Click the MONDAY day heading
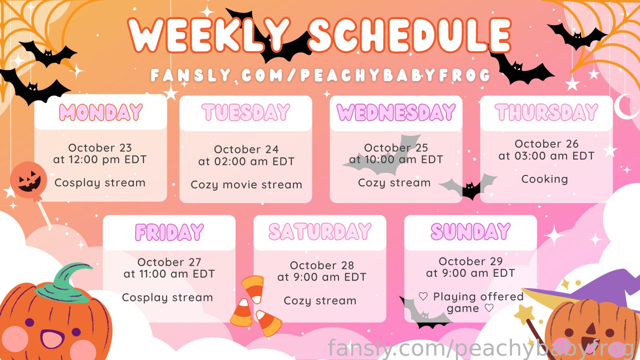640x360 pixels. (100, 112)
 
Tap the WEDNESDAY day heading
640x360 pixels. (396, 112)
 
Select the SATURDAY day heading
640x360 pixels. (320, 232)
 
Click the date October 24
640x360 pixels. (246, 150)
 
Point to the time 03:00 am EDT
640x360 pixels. (554, 156)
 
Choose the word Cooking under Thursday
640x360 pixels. (544, 180)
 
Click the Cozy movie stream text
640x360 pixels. (246, 185)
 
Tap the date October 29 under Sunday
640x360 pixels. (470, 262)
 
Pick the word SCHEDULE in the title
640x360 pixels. (410, 35)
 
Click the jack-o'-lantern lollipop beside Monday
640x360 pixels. (28, 180)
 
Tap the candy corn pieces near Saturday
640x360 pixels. (255, 306)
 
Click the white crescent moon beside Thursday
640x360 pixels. (626, 107)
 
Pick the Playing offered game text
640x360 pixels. (471, 302)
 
